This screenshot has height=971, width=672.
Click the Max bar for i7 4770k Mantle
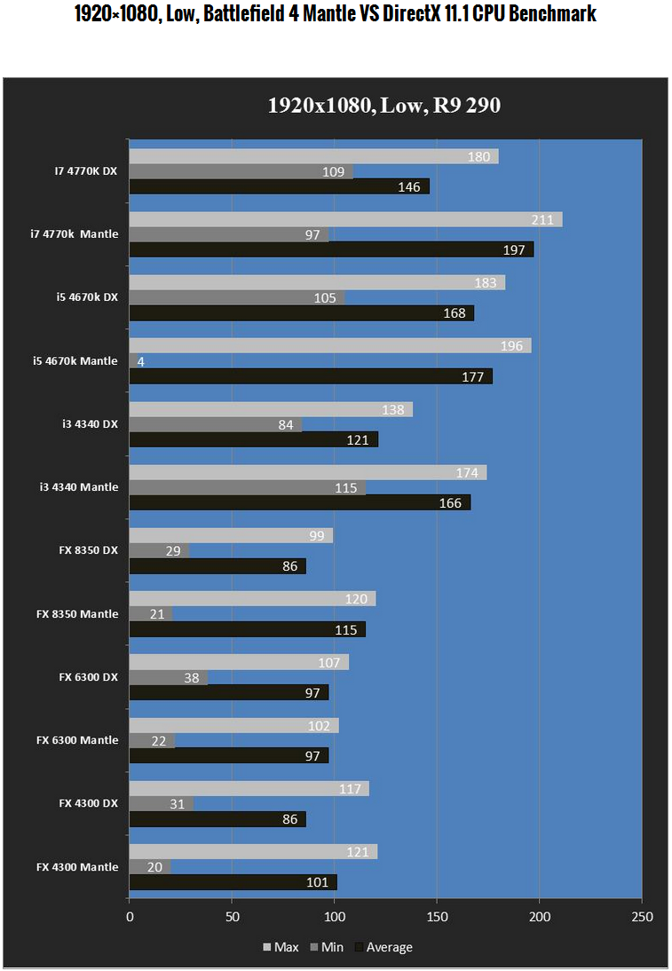tap(345, 219)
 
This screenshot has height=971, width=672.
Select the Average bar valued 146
tap(279, 186)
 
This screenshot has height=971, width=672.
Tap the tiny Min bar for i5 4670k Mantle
tap(133, 361)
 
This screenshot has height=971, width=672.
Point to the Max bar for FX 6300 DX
tap(239, 662)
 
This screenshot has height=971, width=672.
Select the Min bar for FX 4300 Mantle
tap(149, 867)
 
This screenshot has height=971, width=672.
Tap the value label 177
tap(472, 377)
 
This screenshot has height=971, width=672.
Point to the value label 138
tap(392, 410)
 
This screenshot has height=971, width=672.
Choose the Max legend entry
tap(281, 947)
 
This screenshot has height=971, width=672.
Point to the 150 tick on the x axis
tap(437, 916)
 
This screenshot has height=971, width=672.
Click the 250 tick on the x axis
tap(641, 916)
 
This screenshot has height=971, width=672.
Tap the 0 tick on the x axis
tap(130, 916)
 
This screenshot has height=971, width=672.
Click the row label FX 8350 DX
tap(89, 550)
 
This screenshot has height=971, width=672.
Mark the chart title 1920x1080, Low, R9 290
tap(384, 106)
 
